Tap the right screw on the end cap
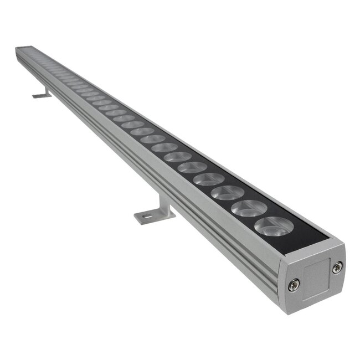[x=337, y=268]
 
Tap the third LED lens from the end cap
[x=228, y=193]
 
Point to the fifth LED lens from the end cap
[x=193, y=167]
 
